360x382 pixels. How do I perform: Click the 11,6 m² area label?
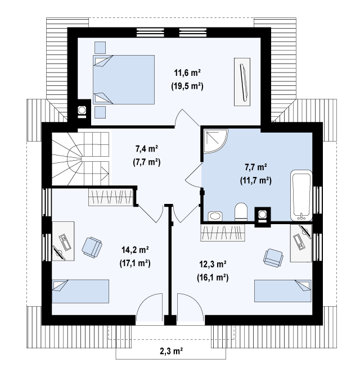[187, 72]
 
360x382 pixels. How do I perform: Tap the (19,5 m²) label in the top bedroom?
[187, 86]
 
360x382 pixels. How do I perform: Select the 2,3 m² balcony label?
[172, 351]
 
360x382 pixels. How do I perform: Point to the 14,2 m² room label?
[135, 250]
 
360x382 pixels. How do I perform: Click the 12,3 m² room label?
[213, 264]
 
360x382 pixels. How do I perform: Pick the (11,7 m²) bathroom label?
[255, 180]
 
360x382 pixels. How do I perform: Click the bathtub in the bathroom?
[301, 195]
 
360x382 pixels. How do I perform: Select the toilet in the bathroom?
[241, 212]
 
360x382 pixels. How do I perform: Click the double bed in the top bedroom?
[124, 80]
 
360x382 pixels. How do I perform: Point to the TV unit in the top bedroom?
[242, 82]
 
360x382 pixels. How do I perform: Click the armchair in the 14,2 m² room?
[92, 247]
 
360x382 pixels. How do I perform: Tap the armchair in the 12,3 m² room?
[273, 258]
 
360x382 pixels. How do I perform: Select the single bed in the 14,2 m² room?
[80, 292]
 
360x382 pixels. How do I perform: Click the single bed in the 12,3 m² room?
[283, 291]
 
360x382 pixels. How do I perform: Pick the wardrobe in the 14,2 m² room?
[111, 197]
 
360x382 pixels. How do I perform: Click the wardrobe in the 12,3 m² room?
[223, 233]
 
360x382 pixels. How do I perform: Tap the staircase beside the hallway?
[80, 159]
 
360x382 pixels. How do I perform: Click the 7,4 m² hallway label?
[147, 148]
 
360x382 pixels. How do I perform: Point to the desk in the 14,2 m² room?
[63, 241]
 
